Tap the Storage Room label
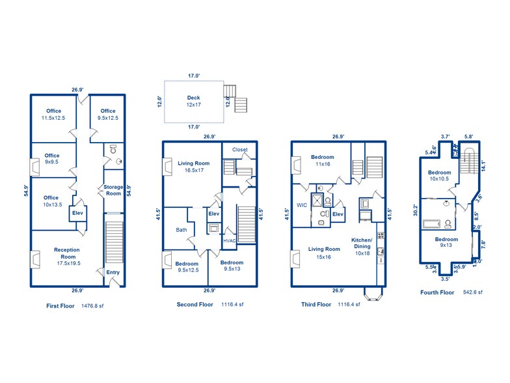coord(113,190)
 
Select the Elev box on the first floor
coord(77,213)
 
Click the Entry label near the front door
coord(113,272)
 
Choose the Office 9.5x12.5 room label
coord(107,115)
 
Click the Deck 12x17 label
coord(194,101)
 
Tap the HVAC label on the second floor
coord(229,240)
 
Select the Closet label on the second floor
coord(239,150)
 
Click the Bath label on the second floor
coord(181,229)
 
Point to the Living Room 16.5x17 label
coord(194,167)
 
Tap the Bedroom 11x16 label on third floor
coord(322,161)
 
